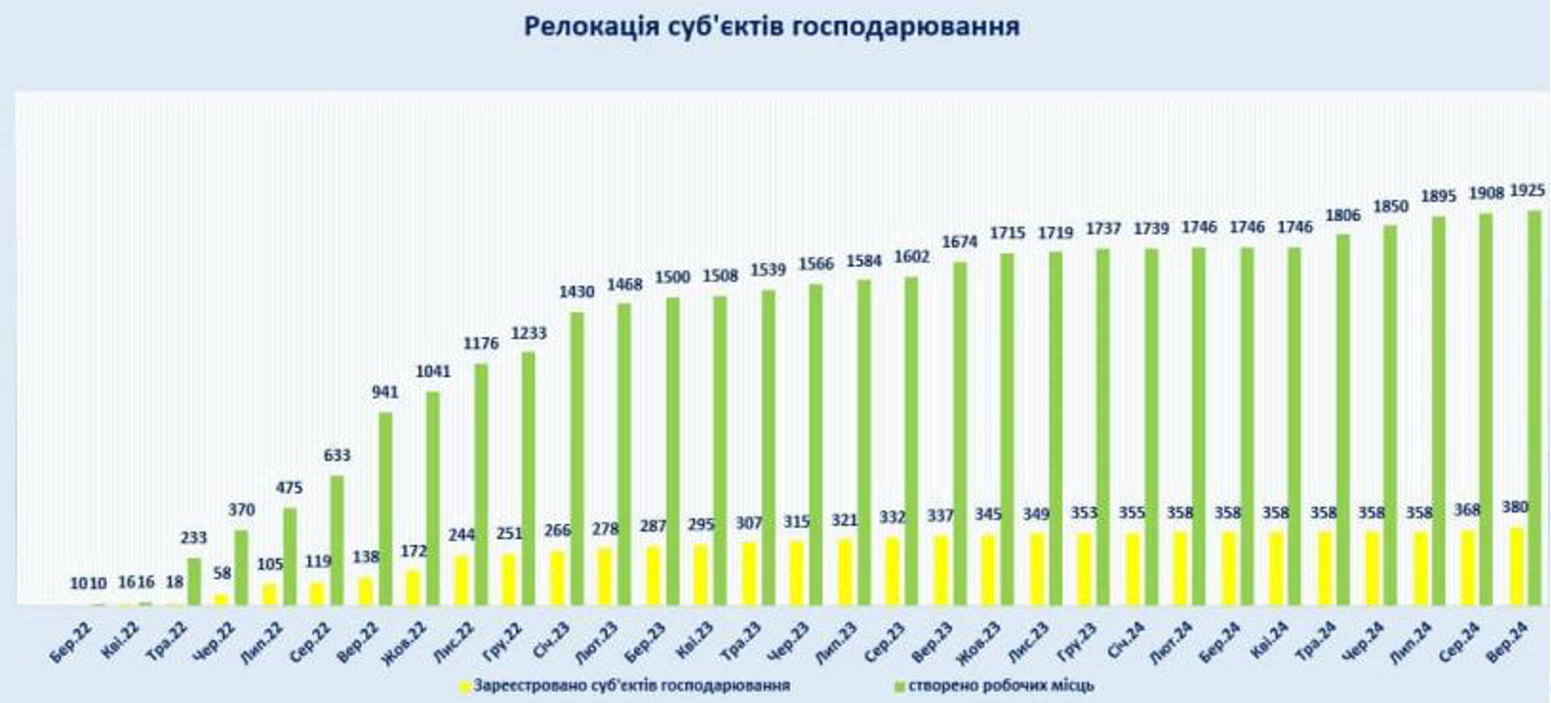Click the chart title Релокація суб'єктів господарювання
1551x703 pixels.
pos(772,27)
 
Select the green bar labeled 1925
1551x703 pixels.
pos(1534,407)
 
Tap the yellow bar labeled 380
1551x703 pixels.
pos(1518,567)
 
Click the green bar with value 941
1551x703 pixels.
pos(386,509)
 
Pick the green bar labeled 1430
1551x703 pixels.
pos(577,459)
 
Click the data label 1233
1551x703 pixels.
pos(528,334)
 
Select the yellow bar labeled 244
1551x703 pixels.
pos(461,581)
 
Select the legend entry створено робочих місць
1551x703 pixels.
pos(1000,685)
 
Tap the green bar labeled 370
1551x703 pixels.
pos(241,568)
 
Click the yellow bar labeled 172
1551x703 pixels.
pos(413,588)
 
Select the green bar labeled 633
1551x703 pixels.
pos(338,541)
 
